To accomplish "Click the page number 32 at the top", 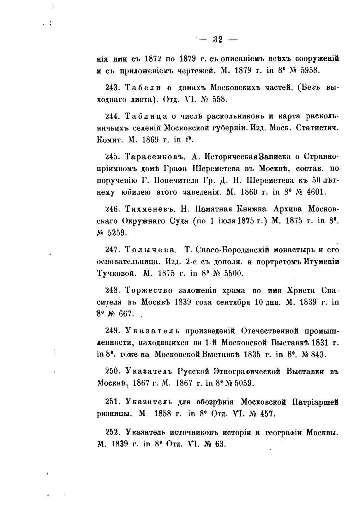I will pos(218,39).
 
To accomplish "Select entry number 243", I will pos(111,87).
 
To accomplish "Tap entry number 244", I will pos(111,116).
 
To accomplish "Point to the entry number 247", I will pos(111,250).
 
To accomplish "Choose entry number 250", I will pos(111,371).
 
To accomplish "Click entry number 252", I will pos(111,432).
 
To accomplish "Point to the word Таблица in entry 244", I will pos(146,116).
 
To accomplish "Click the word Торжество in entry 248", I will pos(148,290).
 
